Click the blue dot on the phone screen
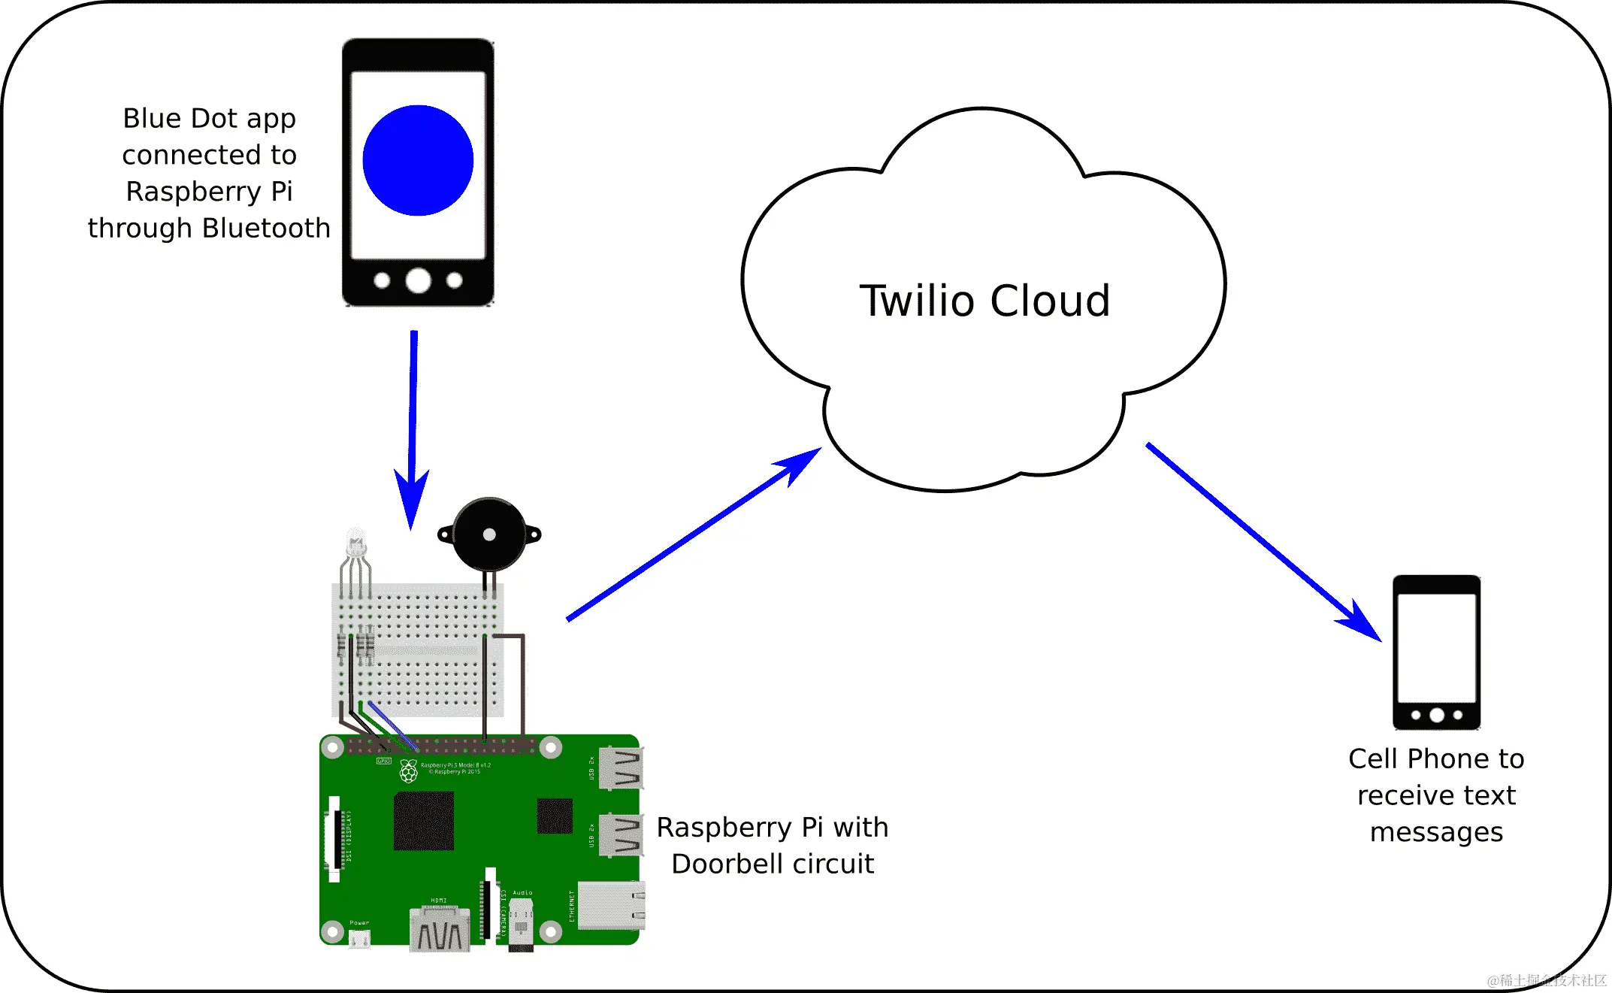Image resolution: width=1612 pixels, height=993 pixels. [418, 160]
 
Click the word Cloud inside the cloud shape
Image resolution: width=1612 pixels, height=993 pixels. [1050, 301]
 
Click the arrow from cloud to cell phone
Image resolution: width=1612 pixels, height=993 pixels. [1263, 541]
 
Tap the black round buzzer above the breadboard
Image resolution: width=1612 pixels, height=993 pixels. [489, 534]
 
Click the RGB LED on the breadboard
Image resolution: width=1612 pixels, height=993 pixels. [355, 543]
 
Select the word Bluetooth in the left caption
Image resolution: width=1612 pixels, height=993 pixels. [266, 228]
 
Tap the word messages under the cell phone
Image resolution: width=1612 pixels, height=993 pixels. [1436, 832]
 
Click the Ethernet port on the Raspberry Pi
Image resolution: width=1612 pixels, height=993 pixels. [610, 905]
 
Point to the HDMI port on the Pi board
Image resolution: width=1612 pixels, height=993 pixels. [440, 930]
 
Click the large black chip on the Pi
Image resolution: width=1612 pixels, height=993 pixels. [423, 821]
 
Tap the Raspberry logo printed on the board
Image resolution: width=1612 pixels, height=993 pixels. [409, 770]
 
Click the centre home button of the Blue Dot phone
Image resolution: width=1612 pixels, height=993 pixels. [418, 280]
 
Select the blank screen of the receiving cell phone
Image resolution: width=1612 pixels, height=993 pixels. [1436, 647]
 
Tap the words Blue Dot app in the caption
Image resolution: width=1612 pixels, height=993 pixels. [209, 119]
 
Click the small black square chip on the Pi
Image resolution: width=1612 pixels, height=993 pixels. [555, 816]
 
